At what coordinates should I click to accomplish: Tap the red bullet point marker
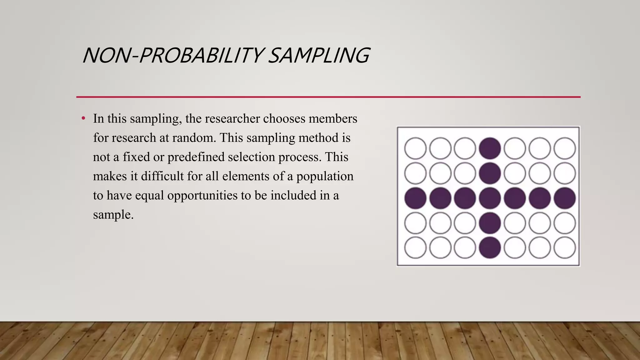pyautogui.click(x=83, y=118)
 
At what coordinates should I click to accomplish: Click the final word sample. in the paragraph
pyautogui.click(x=113, y=215)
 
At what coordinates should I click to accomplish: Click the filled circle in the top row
pyautogui.click(x=490, y=148)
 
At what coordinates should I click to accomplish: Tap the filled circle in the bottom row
pyautogui.click(x=490, y=248)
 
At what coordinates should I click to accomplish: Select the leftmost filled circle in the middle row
pyautogui.click(x=415, y=198)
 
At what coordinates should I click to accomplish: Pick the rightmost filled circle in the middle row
pyautogui.click(x=564, y=198)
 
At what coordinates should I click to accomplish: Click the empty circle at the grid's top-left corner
pyautogui.click(x=415, y=148)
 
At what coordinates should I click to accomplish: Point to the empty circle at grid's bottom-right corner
pyautogui.click(x=564, y=248)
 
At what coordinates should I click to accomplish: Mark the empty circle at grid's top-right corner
pyautogui.click(x=564, y=148)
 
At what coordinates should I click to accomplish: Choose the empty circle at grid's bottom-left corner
pyautogui.click(x=415, y=248)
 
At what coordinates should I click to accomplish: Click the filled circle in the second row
pyautogui.click(x=490, y=173)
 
